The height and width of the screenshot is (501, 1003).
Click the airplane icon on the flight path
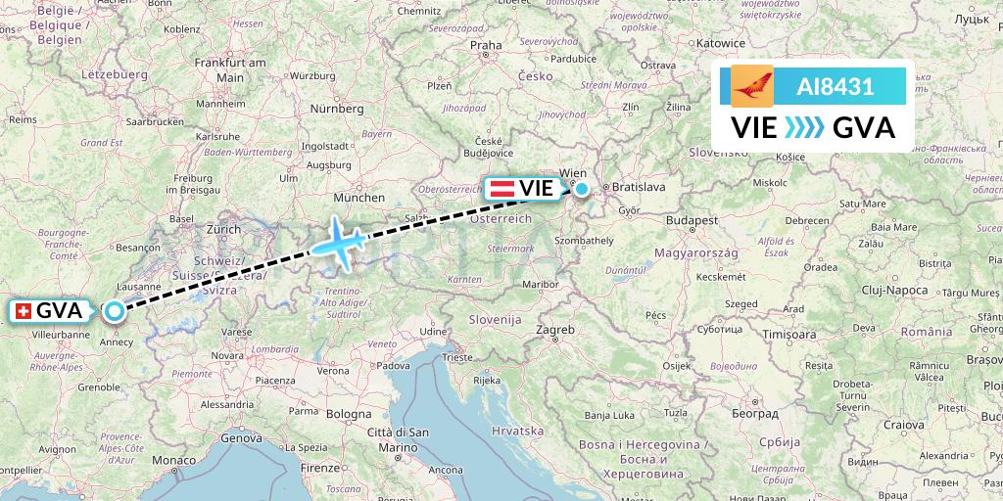coord(338,241)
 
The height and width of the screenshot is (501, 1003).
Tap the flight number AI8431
coord(836,87)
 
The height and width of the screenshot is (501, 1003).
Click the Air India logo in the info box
coord(752,87)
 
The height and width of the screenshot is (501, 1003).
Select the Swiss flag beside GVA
coord(24,311)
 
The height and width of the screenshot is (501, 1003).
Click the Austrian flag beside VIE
coord(501,188)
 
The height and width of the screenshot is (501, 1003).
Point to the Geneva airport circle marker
coord(115,311)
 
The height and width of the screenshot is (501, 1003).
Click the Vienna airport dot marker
coord(582,189)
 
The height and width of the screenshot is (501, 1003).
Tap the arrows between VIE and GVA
coord(805,128)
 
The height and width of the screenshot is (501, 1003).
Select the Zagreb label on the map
coord(555,330)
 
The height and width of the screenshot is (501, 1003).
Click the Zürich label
coord(223,229)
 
